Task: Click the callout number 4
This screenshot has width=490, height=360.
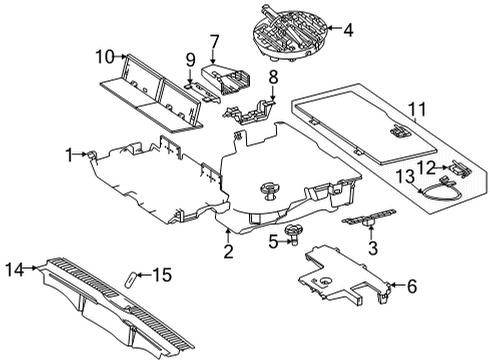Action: (348, 30)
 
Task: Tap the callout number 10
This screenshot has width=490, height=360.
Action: (105, 57)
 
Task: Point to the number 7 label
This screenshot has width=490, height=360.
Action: (214, 42)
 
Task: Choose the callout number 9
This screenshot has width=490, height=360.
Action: (190, 60)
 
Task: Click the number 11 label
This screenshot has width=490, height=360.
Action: (417, 110)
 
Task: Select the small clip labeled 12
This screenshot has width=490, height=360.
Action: (459, 169)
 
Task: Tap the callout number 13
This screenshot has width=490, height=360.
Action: (405, 176)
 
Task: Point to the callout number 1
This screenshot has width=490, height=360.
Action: (69, 155)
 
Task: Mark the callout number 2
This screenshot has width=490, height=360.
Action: (228, 251)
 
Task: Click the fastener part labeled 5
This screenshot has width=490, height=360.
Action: (293, 234)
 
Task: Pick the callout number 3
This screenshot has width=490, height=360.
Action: (373, 248)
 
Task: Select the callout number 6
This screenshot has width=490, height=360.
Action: (412, 286)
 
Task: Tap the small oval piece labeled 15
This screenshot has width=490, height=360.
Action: (130, 279)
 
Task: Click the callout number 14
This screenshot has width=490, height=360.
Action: (15, 269)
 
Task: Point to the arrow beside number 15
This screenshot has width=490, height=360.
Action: (144, 275)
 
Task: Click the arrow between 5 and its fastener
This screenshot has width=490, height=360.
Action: (284, 241)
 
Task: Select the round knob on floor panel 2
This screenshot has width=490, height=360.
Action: (270, 190)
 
